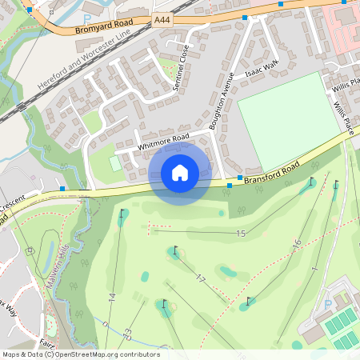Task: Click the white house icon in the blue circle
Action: pyautogui.click(x=180, y=172)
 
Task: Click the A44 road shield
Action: pyautogui.click(x=162, y=18)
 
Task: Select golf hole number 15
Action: pyautogui.click(x=241, y=233)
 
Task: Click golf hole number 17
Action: pyautogui.click(x=201, y=278)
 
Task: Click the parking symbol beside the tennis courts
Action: pyautogui.click(x=326, y=304)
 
